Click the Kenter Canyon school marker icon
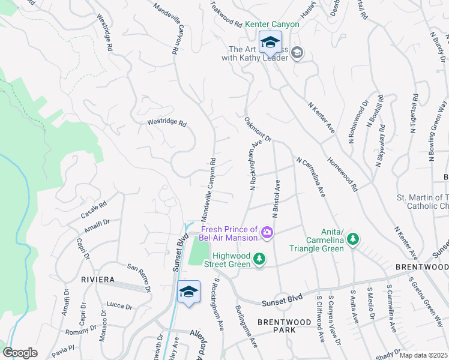(270, 41)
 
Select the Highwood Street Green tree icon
(259, 259)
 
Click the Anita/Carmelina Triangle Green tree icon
(354, 239)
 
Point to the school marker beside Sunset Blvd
(188, 292)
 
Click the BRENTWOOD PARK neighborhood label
(285, 326)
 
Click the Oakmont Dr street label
(259, 128)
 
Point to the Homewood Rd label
(342, 173)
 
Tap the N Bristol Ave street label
(277, 198)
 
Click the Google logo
(20, 353)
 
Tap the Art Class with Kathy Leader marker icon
(297, 54)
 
